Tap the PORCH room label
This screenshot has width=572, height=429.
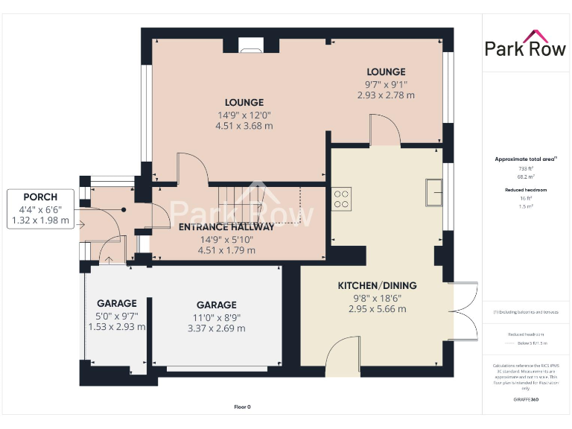click(40, 197)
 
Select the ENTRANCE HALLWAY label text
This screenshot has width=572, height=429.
click(226, 227)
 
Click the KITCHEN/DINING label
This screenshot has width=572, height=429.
click(377, 285)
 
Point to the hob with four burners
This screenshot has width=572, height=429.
click(342, 198)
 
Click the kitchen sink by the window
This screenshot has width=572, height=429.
click(434, 192)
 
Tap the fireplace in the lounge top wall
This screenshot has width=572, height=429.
click(250, 48)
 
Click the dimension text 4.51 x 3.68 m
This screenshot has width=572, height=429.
click(244, 127)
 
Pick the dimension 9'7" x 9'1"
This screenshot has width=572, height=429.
click(385, 84)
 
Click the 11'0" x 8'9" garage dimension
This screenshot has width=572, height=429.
click(216, 317)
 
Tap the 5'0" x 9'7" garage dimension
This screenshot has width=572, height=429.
click(117, 315)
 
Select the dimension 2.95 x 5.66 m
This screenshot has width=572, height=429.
click(377, 308)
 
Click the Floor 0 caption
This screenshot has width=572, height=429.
click(242, 407)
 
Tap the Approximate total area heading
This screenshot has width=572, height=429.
click(526, 159)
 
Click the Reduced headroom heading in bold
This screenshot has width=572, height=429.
click(527, 190)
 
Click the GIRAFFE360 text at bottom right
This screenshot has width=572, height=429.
click(526, 400)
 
